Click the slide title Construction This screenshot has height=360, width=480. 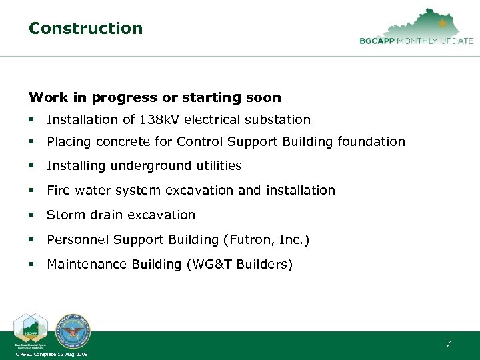click(x=85, y=29)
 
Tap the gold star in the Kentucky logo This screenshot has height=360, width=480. click(x=443, y=23)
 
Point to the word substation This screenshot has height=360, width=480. click(x=282, y=120)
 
